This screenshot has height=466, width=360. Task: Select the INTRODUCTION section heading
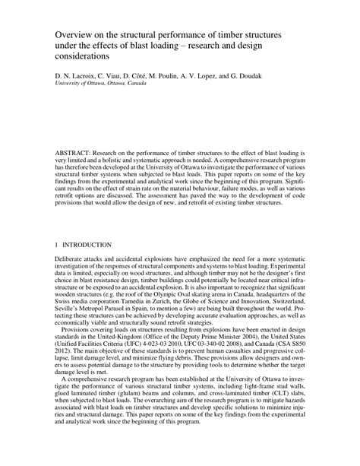click(87, 246)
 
